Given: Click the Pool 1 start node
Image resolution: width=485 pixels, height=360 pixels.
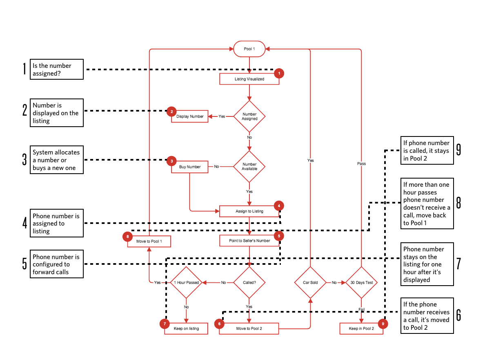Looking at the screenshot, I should click(x=249, y=49).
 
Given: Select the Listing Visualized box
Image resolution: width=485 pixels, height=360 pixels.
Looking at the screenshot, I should click(x=249, y=79).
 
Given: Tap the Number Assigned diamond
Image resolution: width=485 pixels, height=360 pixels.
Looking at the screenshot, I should click(x=249, y=116).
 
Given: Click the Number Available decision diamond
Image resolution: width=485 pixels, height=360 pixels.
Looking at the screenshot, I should click(x=249, y=167).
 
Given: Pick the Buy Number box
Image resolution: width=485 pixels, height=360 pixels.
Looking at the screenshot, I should click(x=190, y=167).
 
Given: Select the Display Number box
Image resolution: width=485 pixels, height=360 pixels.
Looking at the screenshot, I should click(x=190, y=116).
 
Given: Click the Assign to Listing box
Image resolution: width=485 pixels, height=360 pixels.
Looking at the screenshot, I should click(x=249, y=211).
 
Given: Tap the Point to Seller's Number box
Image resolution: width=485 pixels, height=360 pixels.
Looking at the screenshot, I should click(x=249, y=241).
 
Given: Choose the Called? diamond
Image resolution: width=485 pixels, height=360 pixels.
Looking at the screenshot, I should click(x=249, y=282).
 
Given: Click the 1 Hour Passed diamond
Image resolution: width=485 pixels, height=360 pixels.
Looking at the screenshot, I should click(x=187, y=282).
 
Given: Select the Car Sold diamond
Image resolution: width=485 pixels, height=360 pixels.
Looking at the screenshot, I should click(x=310, y=282).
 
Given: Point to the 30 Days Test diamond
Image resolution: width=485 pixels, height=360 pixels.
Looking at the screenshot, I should click(x=361, y=282).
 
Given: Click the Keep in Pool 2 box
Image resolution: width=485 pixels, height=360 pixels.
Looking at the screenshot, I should click(x=361, y=329).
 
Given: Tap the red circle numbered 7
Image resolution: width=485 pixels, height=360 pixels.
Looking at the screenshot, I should click(x=164, y=324).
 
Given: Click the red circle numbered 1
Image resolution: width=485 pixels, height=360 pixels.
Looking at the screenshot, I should click(x=279, y=73).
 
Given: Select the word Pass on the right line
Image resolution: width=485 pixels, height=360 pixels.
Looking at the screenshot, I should click(x=361, y=163).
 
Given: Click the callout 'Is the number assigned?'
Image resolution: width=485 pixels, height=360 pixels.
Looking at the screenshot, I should click(x=56, y=69).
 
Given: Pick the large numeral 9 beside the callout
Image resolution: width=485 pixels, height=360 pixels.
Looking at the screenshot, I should click(x=458, y=150).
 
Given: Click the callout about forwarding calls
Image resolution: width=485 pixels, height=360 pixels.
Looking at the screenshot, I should click(x=56, y=264).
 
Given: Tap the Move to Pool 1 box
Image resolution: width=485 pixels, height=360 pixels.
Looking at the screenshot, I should click(x=149, y=241).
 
